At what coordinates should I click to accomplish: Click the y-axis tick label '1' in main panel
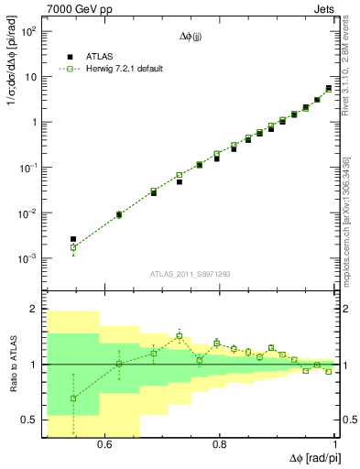36,122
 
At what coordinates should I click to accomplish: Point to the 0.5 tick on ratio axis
30,420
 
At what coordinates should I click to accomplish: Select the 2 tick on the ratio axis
36,310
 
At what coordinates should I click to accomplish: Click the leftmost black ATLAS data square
73,239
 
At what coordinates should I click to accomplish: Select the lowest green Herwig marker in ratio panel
73,398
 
